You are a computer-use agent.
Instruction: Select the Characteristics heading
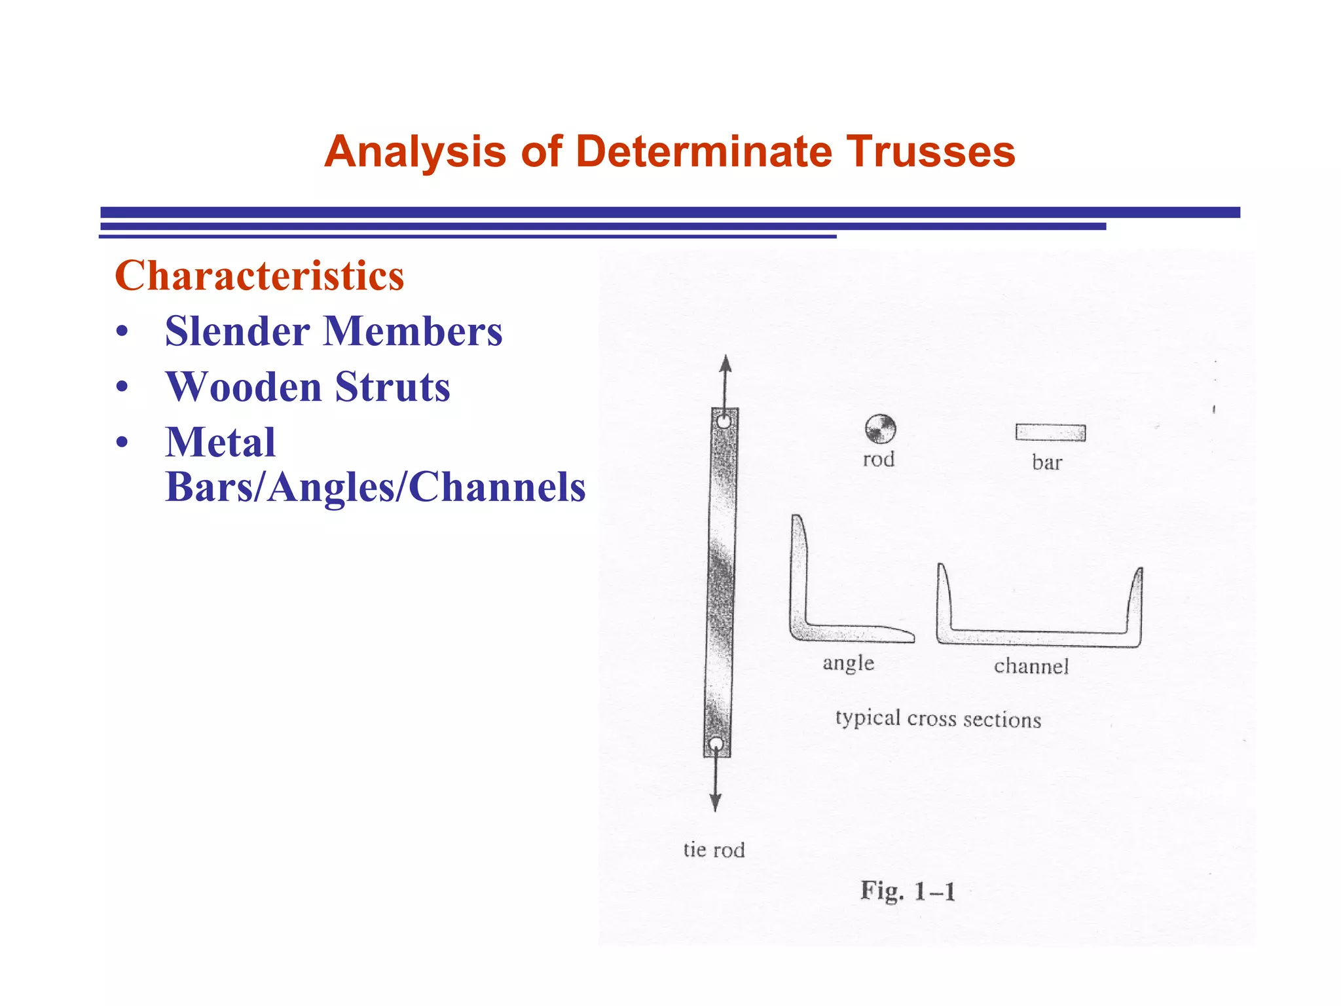pos(259,276)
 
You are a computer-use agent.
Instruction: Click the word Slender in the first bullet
pos(237,331)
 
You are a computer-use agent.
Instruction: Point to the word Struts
pos(392,386)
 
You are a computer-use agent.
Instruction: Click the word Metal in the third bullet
pos(220,442)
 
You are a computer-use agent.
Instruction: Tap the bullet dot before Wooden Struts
pos(122,387)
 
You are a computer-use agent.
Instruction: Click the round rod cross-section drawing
pos(880,429)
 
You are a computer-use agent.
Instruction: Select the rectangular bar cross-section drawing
pos(1050,432)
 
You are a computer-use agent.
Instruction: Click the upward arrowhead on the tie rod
pos(725,364)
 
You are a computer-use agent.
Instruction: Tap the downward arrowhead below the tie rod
pos(716,802)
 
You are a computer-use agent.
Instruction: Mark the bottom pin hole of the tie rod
pos(716,744)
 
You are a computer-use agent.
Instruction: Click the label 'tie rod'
pos(714,850)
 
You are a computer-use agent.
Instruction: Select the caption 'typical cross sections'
pos(938,719)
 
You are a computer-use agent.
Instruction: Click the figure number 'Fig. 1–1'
pos(908,891)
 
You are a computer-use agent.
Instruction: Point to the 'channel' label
pos(1031,667)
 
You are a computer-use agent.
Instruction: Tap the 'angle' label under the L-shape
pos(848,663)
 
